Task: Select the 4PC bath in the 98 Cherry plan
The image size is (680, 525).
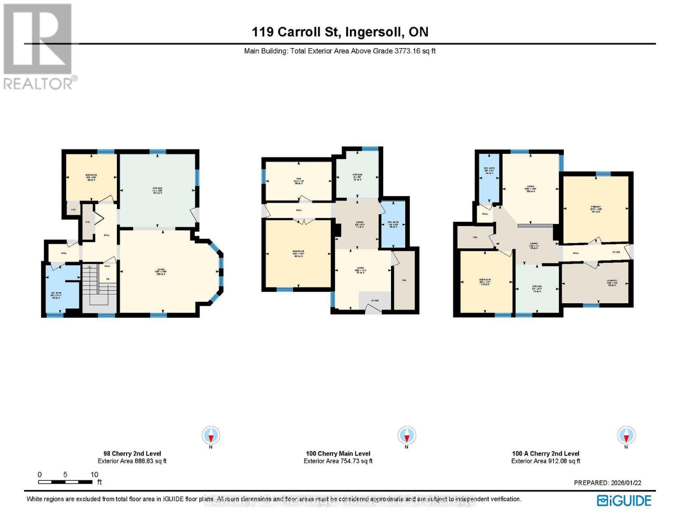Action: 62,289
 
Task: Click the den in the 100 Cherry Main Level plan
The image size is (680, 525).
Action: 299,181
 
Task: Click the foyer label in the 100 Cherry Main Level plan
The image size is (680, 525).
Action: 375,300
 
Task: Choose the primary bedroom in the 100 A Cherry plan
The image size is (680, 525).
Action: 595,209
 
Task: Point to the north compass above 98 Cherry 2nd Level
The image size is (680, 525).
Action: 211,435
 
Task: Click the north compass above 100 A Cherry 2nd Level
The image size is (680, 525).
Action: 626,435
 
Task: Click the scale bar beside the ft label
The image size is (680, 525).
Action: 65,482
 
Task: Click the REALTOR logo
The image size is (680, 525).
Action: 38,46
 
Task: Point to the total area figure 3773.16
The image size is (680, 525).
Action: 407,51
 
